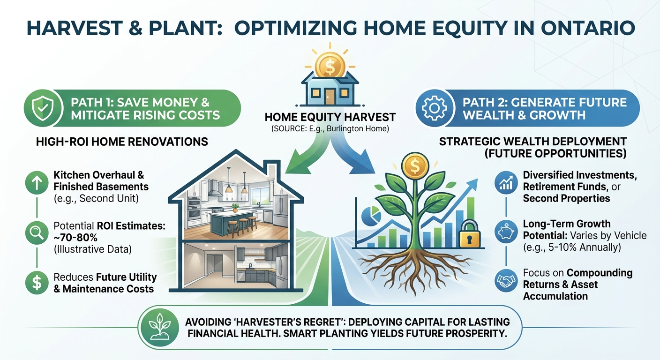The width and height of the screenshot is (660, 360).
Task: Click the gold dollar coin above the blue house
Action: pos(330,65)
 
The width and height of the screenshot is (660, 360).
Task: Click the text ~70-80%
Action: pos(75,237)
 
